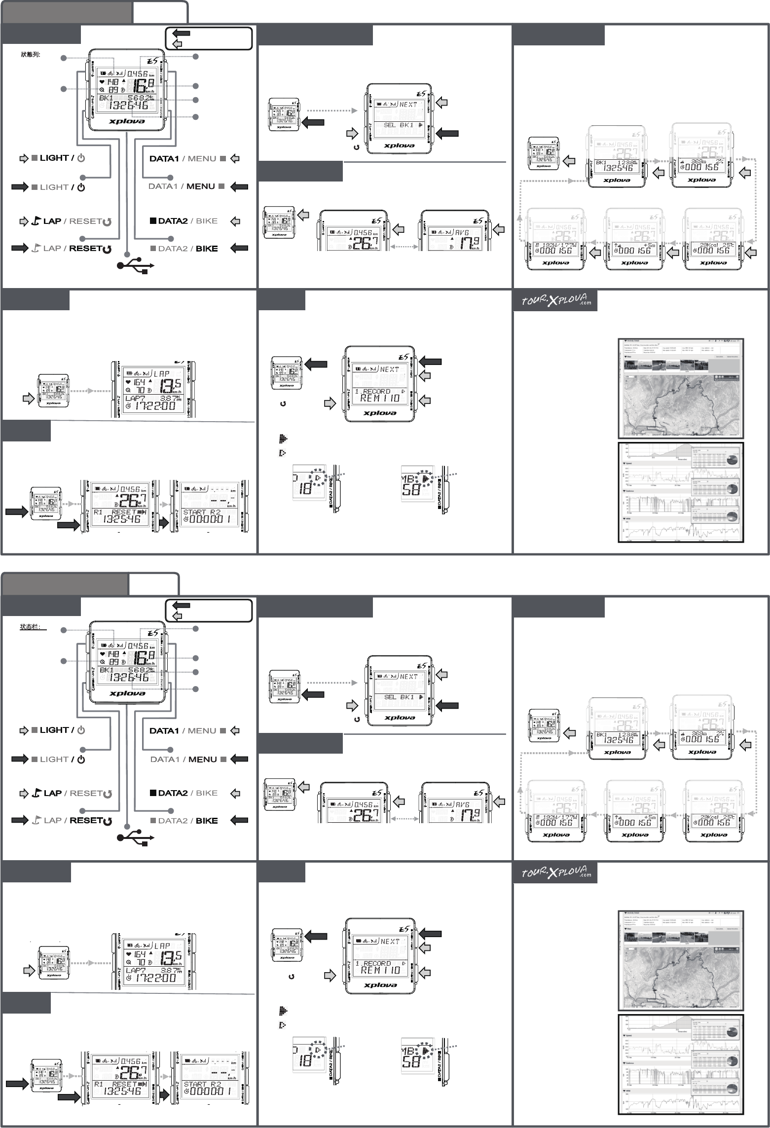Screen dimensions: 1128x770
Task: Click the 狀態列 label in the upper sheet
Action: [30, 55]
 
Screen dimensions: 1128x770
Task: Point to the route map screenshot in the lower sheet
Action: [681, 960]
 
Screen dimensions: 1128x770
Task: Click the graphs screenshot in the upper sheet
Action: [681, 492]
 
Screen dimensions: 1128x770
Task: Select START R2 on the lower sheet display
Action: [202, 1084]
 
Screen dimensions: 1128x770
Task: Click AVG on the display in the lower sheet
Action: [462, 804]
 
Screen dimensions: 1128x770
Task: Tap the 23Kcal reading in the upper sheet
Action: [706, 245]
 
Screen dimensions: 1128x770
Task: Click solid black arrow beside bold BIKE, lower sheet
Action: [239, 820]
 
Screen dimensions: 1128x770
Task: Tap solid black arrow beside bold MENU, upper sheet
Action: [239, 186]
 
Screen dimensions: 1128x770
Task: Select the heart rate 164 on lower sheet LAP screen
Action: [140, 954]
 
